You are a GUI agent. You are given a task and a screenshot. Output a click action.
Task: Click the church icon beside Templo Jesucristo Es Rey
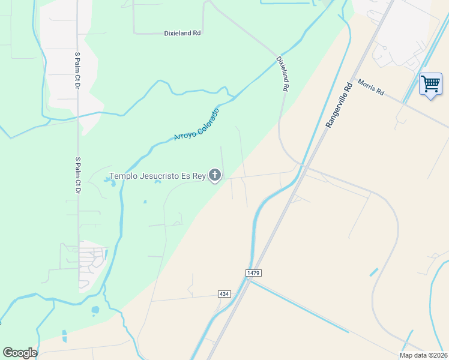215,176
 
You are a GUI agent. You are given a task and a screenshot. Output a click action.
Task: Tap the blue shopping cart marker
430,84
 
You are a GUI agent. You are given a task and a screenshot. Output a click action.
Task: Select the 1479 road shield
253,273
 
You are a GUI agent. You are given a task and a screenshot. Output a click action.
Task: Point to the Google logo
20,352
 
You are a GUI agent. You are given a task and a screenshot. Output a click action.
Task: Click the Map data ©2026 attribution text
423,355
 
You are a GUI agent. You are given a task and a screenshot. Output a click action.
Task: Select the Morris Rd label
370,88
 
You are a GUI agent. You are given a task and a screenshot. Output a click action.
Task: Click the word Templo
123,176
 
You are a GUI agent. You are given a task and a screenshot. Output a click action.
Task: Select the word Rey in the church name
200,176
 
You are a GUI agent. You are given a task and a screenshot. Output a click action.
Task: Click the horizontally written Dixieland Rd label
182,34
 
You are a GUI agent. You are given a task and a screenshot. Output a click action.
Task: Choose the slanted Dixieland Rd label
283,74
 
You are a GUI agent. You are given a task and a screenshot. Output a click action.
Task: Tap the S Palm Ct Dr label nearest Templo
77,175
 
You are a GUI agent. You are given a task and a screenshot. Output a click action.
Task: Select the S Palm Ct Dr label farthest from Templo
77,70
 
